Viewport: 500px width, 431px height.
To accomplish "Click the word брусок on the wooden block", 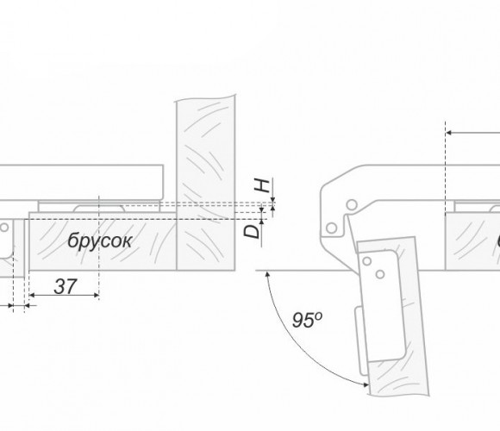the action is tap(99, 240).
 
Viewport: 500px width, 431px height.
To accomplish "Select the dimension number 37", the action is tap(66, 286).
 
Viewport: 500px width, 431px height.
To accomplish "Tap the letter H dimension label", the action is tap(262, 185).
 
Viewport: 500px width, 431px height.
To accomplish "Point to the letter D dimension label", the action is tap(252, 231).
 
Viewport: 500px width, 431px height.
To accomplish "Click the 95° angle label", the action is tap(308, 320).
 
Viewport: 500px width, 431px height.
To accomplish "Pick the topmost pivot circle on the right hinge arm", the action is tap(352, 204).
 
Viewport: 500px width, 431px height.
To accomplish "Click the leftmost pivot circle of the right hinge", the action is tap(332, 228).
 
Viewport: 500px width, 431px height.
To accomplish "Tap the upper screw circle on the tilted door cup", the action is tap(367, 261).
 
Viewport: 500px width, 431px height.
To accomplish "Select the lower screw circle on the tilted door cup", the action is tap(380, 274).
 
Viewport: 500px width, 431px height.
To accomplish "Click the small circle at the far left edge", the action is tap(4, 228).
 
